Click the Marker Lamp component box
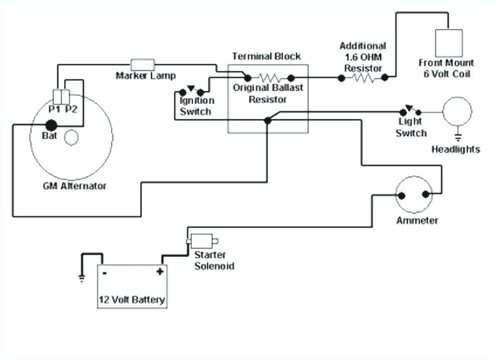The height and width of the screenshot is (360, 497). (143, 64)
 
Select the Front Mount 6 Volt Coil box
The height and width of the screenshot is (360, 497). (448, 43)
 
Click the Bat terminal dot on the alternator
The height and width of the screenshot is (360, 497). (51, 125)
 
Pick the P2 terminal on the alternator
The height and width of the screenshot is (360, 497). (66, 95)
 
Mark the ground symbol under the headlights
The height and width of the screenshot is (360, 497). (457, 136)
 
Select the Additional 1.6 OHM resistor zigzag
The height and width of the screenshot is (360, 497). (362, 78)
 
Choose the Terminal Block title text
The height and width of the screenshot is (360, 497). (266, 56)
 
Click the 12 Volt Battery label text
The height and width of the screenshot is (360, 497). (131, 300)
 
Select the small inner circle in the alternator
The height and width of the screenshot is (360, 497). (72, 138)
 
